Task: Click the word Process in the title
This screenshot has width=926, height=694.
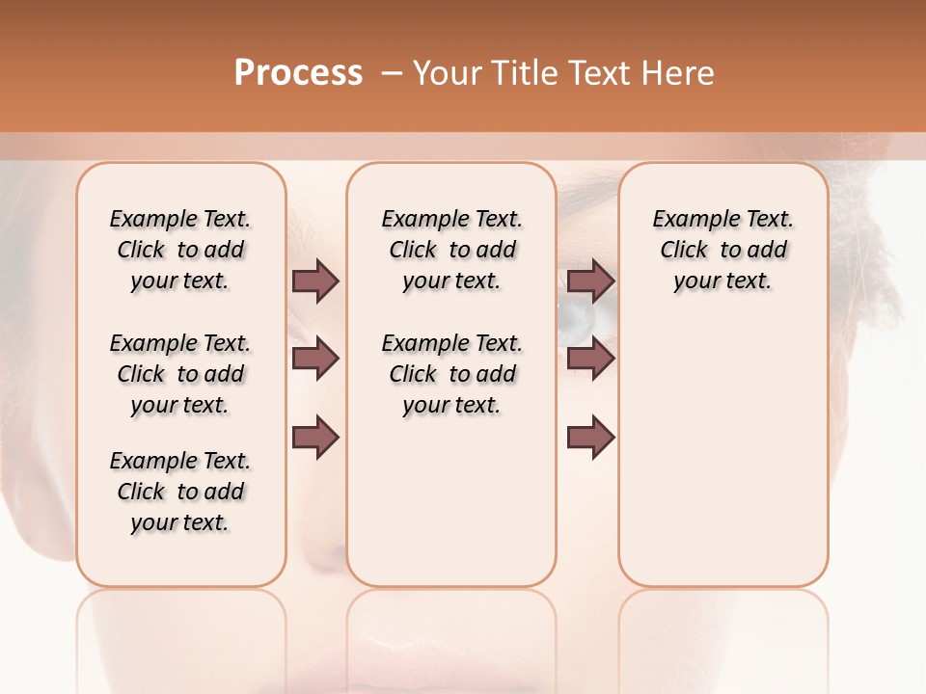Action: [298, 73]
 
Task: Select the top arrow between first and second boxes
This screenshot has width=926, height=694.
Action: [315, 280]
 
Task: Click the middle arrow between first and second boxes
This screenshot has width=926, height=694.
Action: [315, 359]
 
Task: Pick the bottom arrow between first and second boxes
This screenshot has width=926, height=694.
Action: [315, 437]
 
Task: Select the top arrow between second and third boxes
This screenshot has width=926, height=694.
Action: [590, 280]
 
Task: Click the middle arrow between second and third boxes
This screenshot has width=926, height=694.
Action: [590, 359]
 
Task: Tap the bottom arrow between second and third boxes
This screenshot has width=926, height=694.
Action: [590, 437]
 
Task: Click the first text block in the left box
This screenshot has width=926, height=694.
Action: [179, 250]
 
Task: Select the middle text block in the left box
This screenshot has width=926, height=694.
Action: [179, 374]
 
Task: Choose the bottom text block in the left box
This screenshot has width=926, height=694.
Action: [179, 492]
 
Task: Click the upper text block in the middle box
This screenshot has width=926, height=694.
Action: [451, 250]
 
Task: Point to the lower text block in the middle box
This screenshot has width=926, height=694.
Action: [451, 374]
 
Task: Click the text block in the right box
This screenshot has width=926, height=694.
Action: [722, 250]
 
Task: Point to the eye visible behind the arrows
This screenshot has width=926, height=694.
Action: [575, 318]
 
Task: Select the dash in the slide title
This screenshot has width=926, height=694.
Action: [392, 73]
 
